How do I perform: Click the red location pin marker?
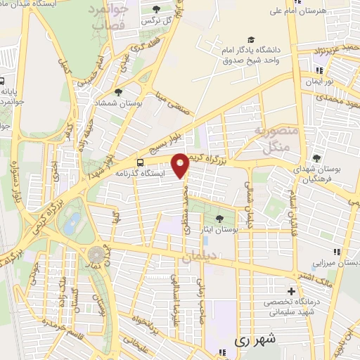pyautogui.click(x=181, y=165)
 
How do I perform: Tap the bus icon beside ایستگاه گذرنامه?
pyautogui.click(x=140, y=162)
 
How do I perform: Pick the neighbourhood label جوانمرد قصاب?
pyautogui.click(x=108, y=17)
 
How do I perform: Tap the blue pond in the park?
pyautogui.click(x=71, y=224)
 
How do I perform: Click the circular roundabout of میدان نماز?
pyautogui.click(x=94, y=255)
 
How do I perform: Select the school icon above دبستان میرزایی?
pyautogui.click(x=337, y=251)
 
